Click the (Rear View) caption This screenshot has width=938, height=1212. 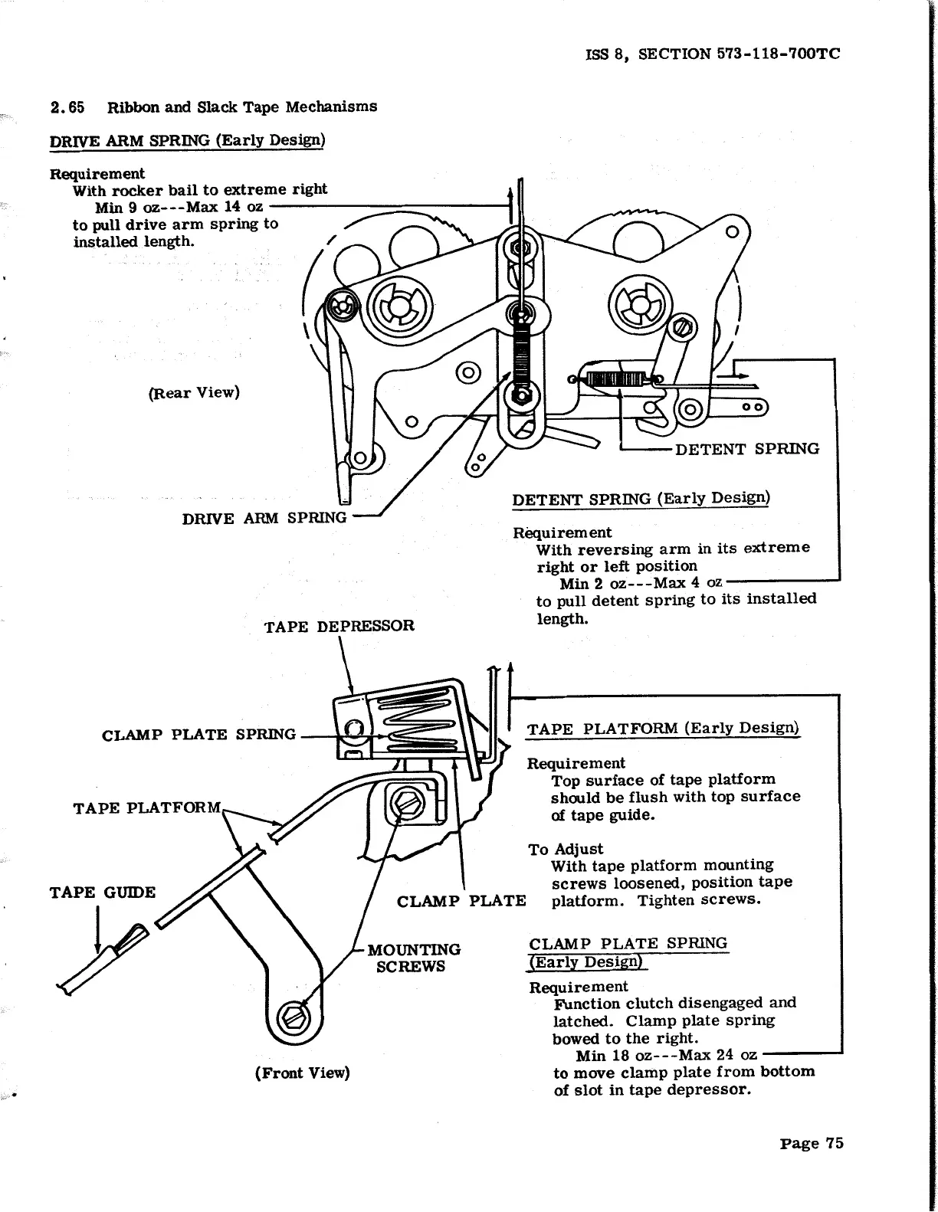pos(194,393)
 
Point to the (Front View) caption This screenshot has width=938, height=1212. pos(302,1073)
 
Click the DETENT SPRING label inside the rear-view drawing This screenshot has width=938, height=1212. pos(746,449)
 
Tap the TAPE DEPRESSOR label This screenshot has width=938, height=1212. pos(339,627)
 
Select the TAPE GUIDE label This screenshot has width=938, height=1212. pos(102,893)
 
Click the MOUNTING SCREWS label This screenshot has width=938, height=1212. pos(414,958)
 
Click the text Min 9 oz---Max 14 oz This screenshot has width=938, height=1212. pos(179,207)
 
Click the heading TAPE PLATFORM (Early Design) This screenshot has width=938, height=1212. pos(663,729)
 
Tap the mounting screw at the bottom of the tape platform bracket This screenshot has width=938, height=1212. pos(295,1018)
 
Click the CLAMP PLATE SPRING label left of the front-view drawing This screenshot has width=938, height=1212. pos(198,735)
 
